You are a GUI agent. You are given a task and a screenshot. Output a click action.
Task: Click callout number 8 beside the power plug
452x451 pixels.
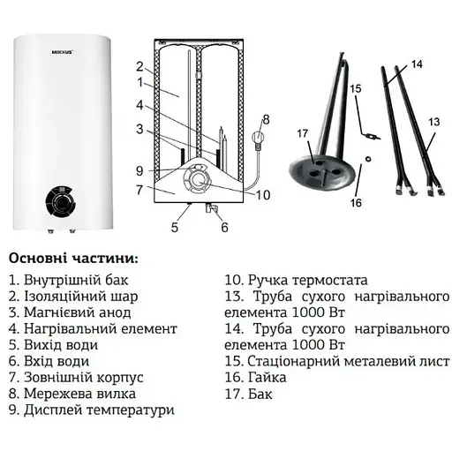click(x=265, y=119)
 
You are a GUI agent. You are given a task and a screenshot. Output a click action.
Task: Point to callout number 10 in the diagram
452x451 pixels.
click(x=261, y=194)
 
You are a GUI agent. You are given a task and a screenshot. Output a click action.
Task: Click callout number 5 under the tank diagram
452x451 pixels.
click(x=175, y=228)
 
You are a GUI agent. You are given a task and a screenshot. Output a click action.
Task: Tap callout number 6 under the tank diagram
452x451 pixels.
click(x=223, y=228)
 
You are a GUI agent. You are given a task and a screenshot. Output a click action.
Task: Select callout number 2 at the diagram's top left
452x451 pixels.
click(x=139, y=66)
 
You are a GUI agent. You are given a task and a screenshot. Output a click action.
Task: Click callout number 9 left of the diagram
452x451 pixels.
click(x=139, y=170)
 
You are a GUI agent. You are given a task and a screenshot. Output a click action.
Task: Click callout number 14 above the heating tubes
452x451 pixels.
click(x=417, y=64)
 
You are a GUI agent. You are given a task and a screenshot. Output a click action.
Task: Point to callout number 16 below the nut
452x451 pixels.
click(x=355, y=202)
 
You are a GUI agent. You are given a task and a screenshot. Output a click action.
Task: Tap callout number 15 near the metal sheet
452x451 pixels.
click(x=355, y=89)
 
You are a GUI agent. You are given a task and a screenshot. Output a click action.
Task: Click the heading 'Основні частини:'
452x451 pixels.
click(x=72, y=259)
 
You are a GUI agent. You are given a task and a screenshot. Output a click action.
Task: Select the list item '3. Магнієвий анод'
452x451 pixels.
click(x=70, y=312)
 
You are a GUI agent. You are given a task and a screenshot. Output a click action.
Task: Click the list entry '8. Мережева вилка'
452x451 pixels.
click(x=74, y=394)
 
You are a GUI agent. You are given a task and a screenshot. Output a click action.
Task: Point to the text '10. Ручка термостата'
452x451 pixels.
click(x=296, y=280)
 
